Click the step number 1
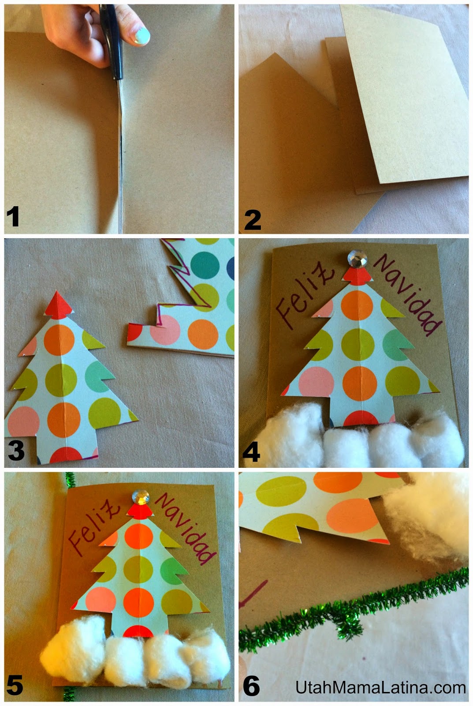pos(13,216)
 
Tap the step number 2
pos(253,220)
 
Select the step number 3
pos(16,451)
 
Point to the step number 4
pos(251,452)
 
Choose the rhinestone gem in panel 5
pos(141,498)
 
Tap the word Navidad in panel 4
pos(408,295)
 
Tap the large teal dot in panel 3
pos(205,265)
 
